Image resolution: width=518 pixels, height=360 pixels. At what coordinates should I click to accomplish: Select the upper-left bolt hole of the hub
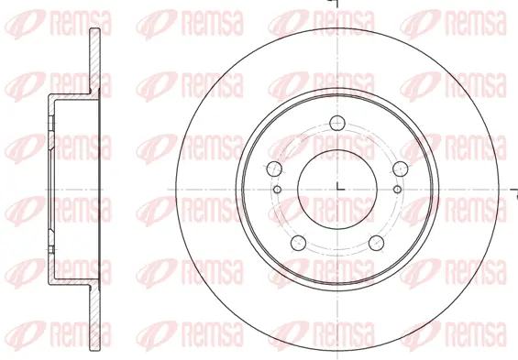[x=272, y=169]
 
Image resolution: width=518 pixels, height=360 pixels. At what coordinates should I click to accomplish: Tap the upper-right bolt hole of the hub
[x=401, y=169]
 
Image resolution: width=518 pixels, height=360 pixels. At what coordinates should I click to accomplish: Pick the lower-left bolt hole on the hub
[x=297, y=244]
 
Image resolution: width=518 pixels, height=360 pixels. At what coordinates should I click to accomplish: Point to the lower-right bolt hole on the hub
[x=377, y=244]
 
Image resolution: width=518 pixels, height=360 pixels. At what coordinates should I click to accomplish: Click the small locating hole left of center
[x=277, y=189]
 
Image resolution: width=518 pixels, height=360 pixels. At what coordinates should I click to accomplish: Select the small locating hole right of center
[x=397, y=189]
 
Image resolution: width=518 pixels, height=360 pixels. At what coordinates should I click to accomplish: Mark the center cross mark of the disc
[x=337, y=188]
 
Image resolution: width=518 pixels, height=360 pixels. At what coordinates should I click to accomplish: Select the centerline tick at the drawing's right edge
[x=512, y=188]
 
